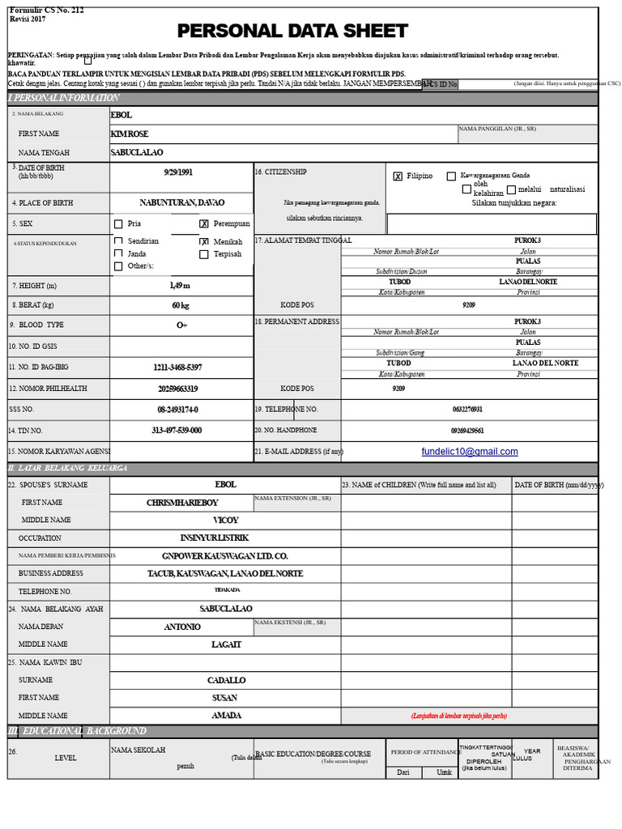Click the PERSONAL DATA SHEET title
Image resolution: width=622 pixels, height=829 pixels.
[292, 32]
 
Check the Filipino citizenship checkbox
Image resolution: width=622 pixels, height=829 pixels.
[398, 176]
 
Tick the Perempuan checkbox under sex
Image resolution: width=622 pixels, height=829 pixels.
[204, 224]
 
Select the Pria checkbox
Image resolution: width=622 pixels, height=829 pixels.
[118, 224]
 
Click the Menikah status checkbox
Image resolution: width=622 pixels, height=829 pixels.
[204, 241]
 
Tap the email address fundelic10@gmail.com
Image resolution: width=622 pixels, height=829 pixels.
[470, 452]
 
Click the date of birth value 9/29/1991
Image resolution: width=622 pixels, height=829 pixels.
[178, 172]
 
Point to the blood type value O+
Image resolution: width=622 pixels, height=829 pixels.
[181, 325]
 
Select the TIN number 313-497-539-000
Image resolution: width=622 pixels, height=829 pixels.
[177, 431]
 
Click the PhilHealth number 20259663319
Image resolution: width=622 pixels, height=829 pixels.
[177, 389]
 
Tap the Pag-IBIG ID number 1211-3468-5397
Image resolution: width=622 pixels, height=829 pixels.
[177, 368]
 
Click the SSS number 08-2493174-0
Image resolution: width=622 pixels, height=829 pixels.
[177, 410]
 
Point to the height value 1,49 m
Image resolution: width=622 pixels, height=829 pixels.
[180, 285]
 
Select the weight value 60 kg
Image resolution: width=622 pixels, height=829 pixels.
[180, 305]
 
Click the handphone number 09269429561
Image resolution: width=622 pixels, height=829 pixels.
[467, 431]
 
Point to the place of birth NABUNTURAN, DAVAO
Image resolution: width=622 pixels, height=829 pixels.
[181, 202]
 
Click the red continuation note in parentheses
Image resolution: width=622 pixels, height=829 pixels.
[458, 716]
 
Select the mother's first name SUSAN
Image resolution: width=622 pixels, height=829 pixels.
[224, 697]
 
